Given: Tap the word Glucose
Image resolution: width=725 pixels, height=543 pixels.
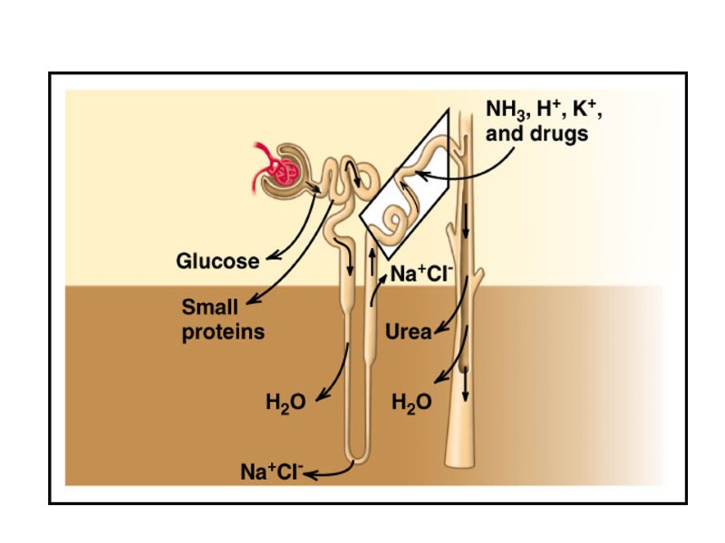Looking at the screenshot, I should pyautogui.click(x=217, y=262).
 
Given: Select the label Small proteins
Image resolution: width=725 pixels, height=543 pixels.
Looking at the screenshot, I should pyautogui.click(x=223, y=319).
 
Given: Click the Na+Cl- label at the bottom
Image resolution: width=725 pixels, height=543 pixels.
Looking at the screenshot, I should pyautogui.click(x=272, y=472).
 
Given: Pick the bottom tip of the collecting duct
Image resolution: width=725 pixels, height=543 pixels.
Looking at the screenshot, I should pyautogui.click(x=462, y=464).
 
